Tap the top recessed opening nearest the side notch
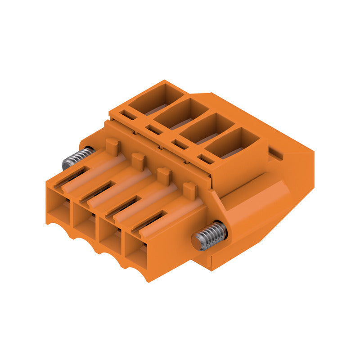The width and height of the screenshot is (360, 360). (233, 143)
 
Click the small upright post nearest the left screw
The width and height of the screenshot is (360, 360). (112, 146)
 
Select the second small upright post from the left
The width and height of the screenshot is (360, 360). (138, 160)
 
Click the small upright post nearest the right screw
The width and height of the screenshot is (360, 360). (190, 190)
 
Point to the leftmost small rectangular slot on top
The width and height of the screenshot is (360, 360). (129, 115)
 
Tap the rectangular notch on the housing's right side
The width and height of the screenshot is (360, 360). (275, 154)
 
